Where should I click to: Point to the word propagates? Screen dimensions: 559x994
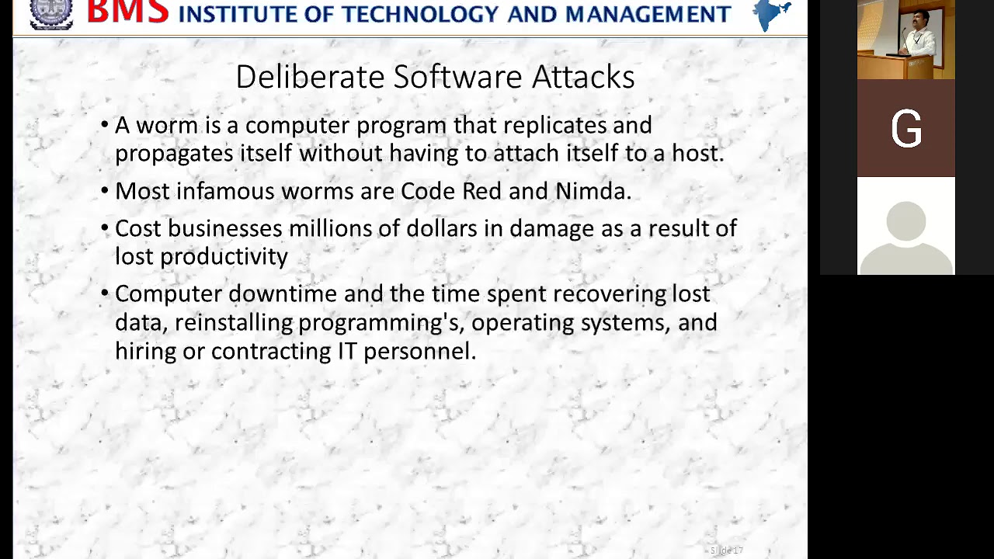click(174, 154)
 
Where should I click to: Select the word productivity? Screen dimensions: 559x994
click(224, 257)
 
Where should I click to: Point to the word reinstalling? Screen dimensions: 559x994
click(234, 322)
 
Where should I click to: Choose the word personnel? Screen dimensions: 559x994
click(419, 351)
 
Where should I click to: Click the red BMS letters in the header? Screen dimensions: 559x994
click(128, 12)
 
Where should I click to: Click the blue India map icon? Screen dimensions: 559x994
click(772, 15)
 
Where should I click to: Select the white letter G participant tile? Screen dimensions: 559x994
click(906, 129)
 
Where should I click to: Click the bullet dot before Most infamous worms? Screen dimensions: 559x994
click(105, 191)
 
